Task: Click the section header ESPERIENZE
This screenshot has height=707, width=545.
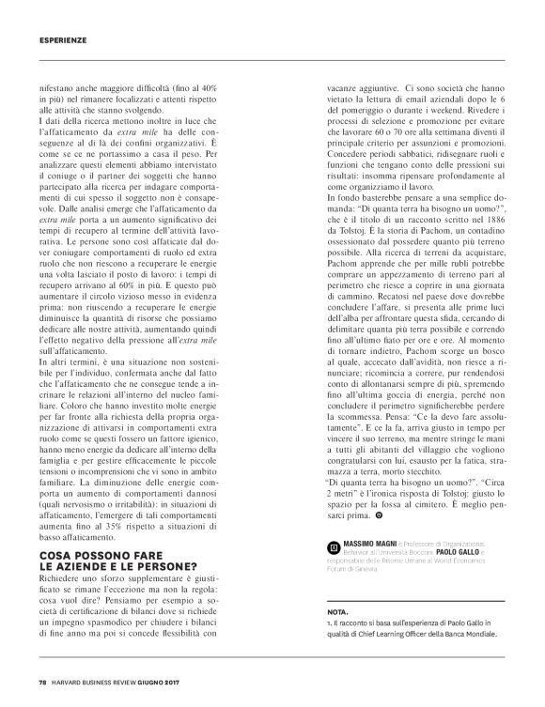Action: click(x=63, y=39)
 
